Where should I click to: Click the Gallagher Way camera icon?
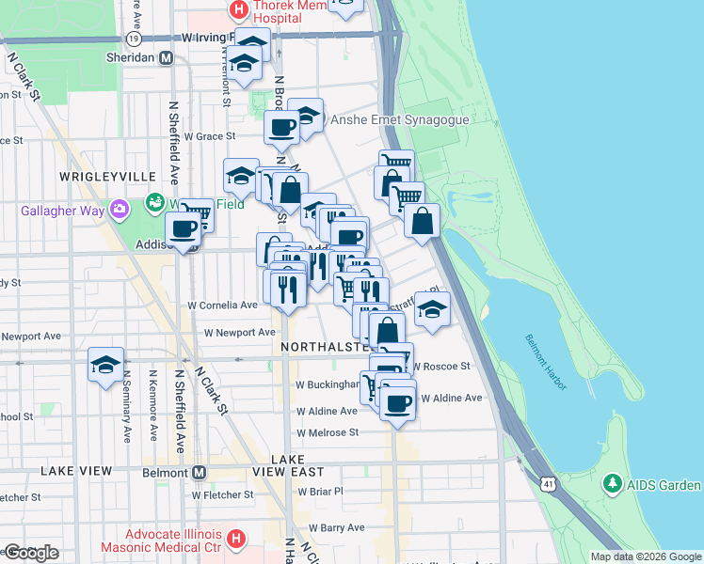tap(120, 210)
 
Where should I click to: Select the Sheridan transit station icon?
tap(167, 57)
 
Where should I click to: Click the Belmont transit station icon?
tap(199, 472)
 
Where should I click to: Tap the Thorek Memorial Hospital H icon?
tap(239, 11)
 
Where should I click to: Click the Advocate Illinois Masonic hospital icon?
tap(236, 540)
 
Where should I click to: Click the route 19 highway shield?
tap(134, 39)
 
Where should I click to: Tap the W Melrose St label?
tap(328, 432)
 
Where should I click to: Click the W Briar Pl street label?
tap(320, 491)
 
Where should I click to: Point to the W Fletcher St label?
tap(222, 493)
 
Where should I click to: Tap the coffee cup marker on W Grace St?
tap(281, 128)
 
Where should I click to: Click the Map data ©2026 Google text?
tap(645, 556)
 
